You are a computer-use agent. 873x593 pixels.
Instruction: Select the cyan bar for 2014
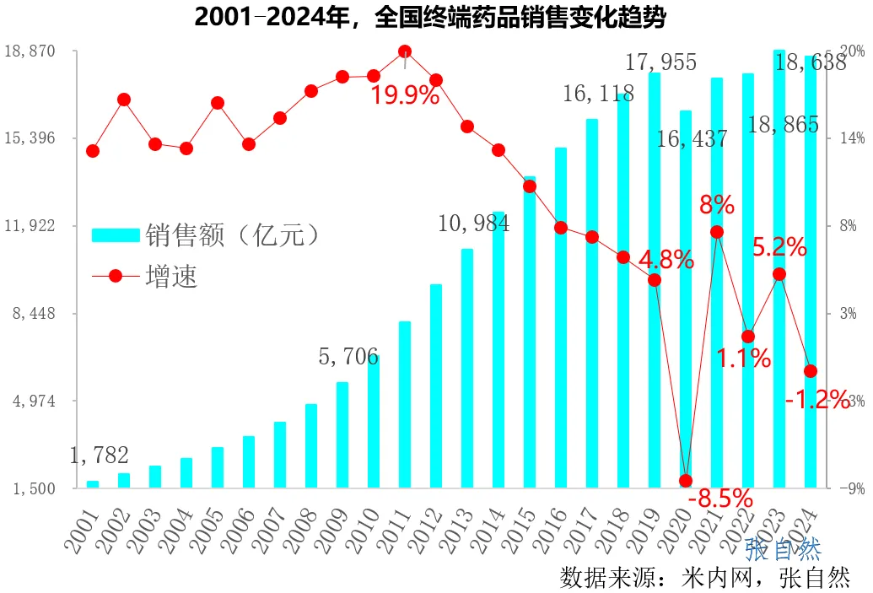pos(498,349)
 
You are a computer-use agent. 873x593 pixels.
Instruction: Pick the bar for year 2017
pos(592,304)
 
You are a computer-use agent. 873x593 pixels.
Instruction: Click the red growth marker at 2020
pos(686,481)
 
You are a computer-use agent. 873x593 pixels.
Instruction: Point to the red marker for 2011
pos(405,51)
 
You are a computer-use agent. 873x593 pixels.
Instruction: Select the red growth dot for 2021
pos(717,232)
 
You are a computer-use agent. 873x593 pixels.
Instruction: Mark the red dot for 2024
pos(811,371)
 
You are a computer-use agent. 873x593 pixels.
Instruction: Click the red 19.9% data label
pos(405,95)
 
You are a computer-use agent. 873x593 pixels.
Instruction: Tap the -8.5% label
pos(720,499)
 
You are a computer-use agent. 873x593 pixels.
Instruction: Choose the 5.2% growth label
pos(779,248)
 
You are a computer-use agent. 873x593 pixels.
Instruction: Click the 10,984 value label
pos(473,224)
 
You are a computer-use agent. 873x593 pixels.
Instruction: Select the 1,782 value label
pos(99,456)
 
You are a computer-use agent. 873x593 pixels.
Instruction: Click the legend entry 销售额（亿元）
pos(207,234)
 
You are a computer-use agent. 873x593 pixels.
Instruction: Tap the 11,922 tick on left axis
pos(30,225)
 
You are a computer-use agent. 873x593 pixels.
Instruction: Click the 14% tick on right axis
pos(851,138)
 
